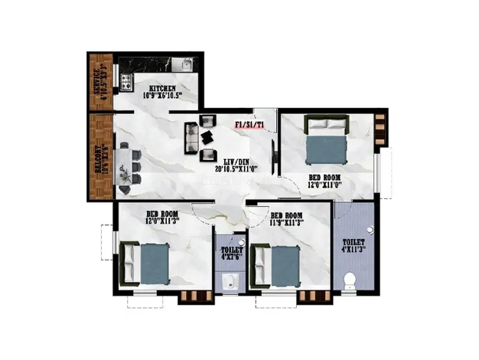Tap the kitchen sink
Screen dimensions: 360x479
click(x=183, y=65)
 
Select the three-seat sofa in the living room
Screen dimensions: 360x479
click(x=191, y=138)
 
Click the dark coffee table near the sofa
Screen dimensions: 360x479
click(x=208, y=138)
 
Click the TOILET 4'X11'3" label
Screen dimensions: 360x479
click(x=354, y=245)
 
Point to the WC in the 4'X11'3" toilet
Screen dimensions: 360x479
click(x=350, y=280)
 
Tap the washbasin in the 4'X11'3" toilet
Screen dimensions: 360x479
click(x=371, y=229)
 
